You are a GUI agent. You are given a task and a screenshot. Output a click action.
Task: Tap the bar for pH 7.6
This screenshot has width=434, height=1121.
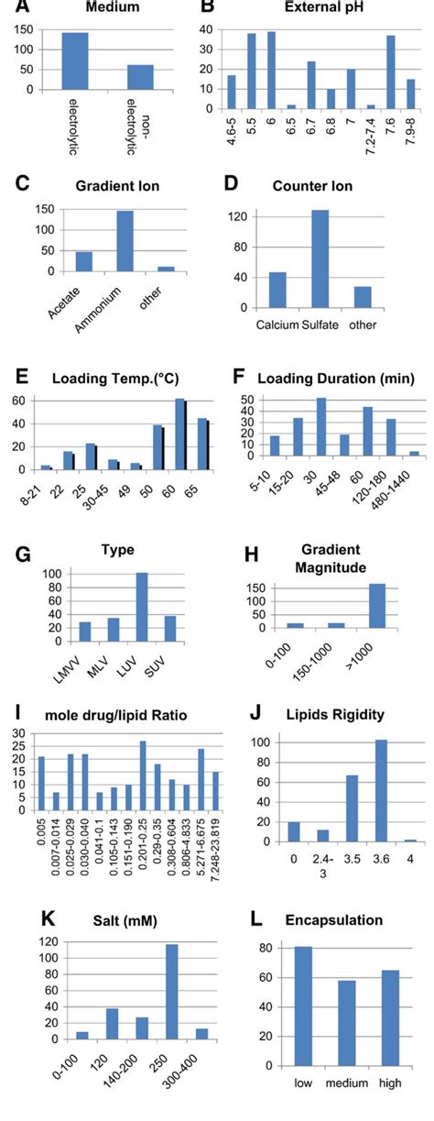[390, 72]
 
